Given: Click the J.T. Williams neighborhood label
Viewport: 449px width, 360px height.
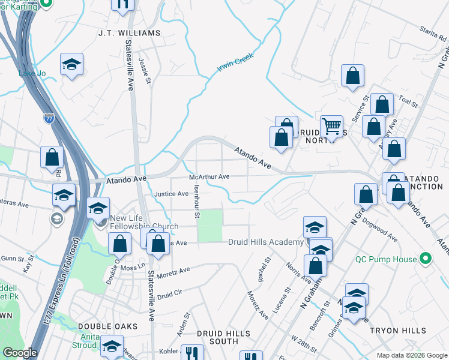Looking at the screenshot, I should [130, 33].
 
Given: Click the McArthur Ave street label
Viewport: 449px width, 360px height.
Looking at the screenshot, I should [209, 177].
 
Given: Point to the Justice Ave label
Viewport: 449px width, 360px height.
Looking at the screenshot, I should [171, 194].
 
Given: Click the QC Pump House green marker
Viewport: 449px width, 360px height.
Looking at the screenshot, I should [426, 259].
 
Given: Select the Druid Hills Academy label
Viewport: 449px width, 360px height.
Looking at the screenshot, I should [265, 242].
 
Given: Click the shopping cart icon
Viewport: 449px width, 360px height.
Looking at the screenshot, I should [331, 126].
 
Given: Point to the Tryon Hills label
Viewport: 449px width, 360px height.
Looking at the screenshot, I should [398, 331].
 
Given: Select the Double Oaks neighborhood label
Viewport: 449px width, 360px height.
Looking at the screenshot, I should [108, 326].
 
